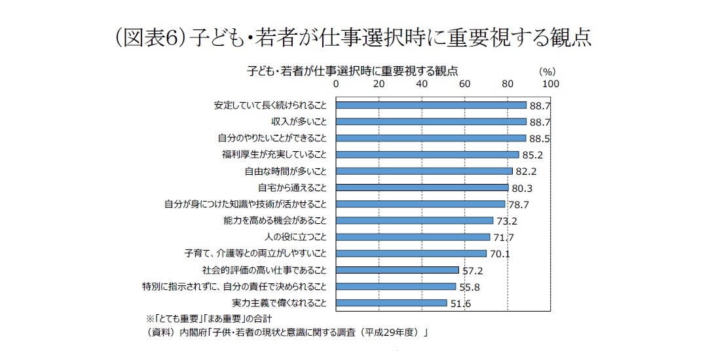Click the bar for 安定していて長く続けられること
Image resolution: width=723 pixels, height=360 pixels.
pyautogui.click(x=432, y=105)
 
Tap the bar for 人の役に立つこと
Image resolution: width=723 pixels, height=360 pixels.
pyautogui.click(x=413, y=237)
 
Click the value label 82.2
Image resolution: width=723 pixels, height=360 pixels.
pyautogui.click(x=526, y=171)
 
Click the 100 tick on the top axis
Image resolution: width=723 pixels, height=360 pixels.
pyautogui.click(x=551, y=84)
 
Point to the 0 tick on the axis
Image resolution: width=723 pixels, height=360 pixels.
pyautogui.click(x=337, y=84)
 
